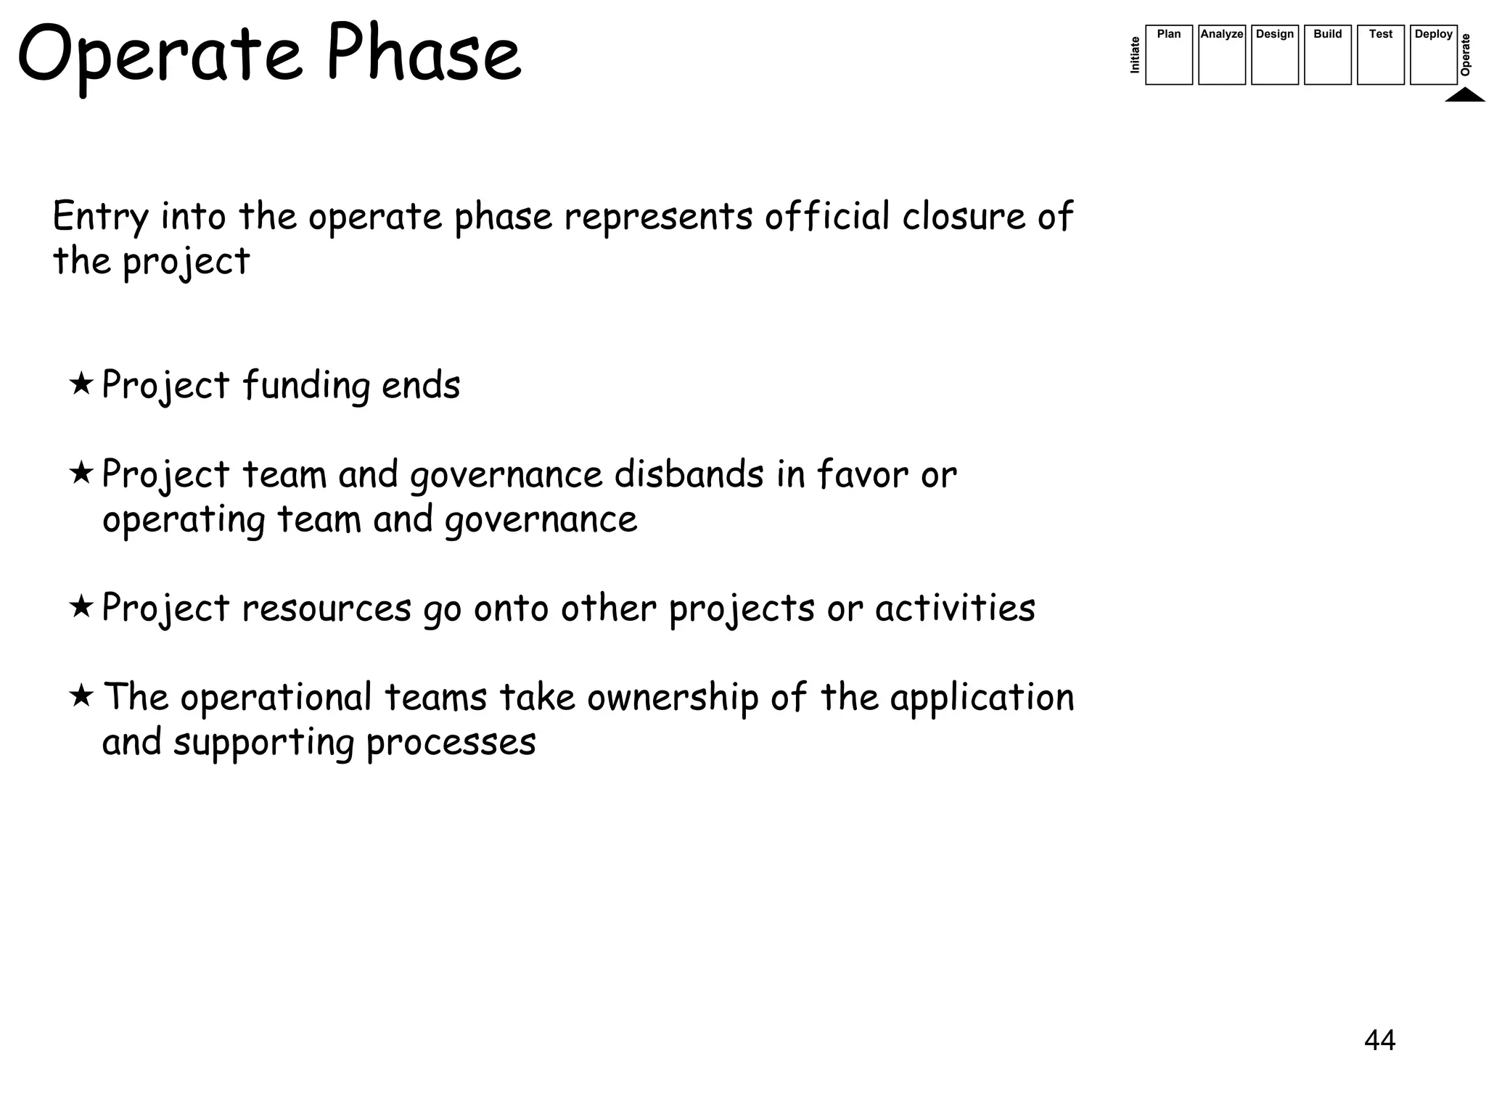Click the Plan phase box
point(1168,55)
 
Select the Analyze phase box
point(1221,55)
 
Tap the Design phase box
point(1274,55)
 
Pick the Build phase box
point(1327,55)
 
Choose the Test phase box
point(1380,55)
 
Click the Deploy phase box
point(1433,55)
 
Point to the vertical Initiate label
point(1136,55)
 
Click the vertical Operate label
point(1466,54)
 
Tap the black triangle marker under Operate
point(1464,95)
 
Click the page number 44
point(1379,1040)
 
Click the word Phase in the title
point(423,54)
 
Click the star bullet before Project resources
point(81,606)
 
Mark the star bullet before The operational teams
point(81,695)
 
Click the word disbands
point(689,474)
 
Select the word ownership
point(673,698)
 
